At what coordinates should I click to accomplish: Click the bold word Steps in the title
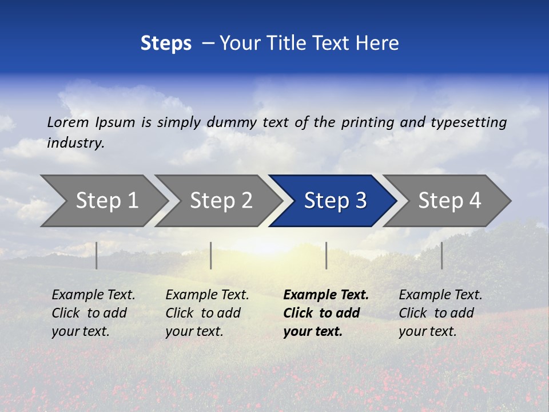pos(166,43)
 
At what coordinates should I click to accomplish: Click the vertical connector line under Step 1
pos(97,255)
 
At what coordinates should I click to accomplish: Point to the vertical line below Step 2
pos(211,255)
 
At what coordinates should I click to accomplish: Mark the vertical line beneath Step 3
pos(326,255)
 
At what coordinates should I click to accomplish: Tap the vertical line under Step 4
pos(441,255)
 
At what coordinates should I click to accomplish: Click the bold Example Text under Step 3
pos(326,295)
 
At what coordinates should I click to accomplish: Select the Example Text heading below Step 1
pos(93,295)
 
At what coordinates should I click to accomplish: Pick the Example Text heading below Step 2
pos(207,295)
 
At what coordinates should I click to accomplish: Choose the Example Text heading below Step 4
pos(440,295)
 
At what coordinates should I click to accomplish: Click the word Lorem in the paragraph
pos(68,122)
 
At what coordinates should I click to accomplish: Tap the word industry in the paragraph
pos(75,143)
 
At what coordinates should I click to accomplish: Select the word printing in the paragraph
pos(368,122)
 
